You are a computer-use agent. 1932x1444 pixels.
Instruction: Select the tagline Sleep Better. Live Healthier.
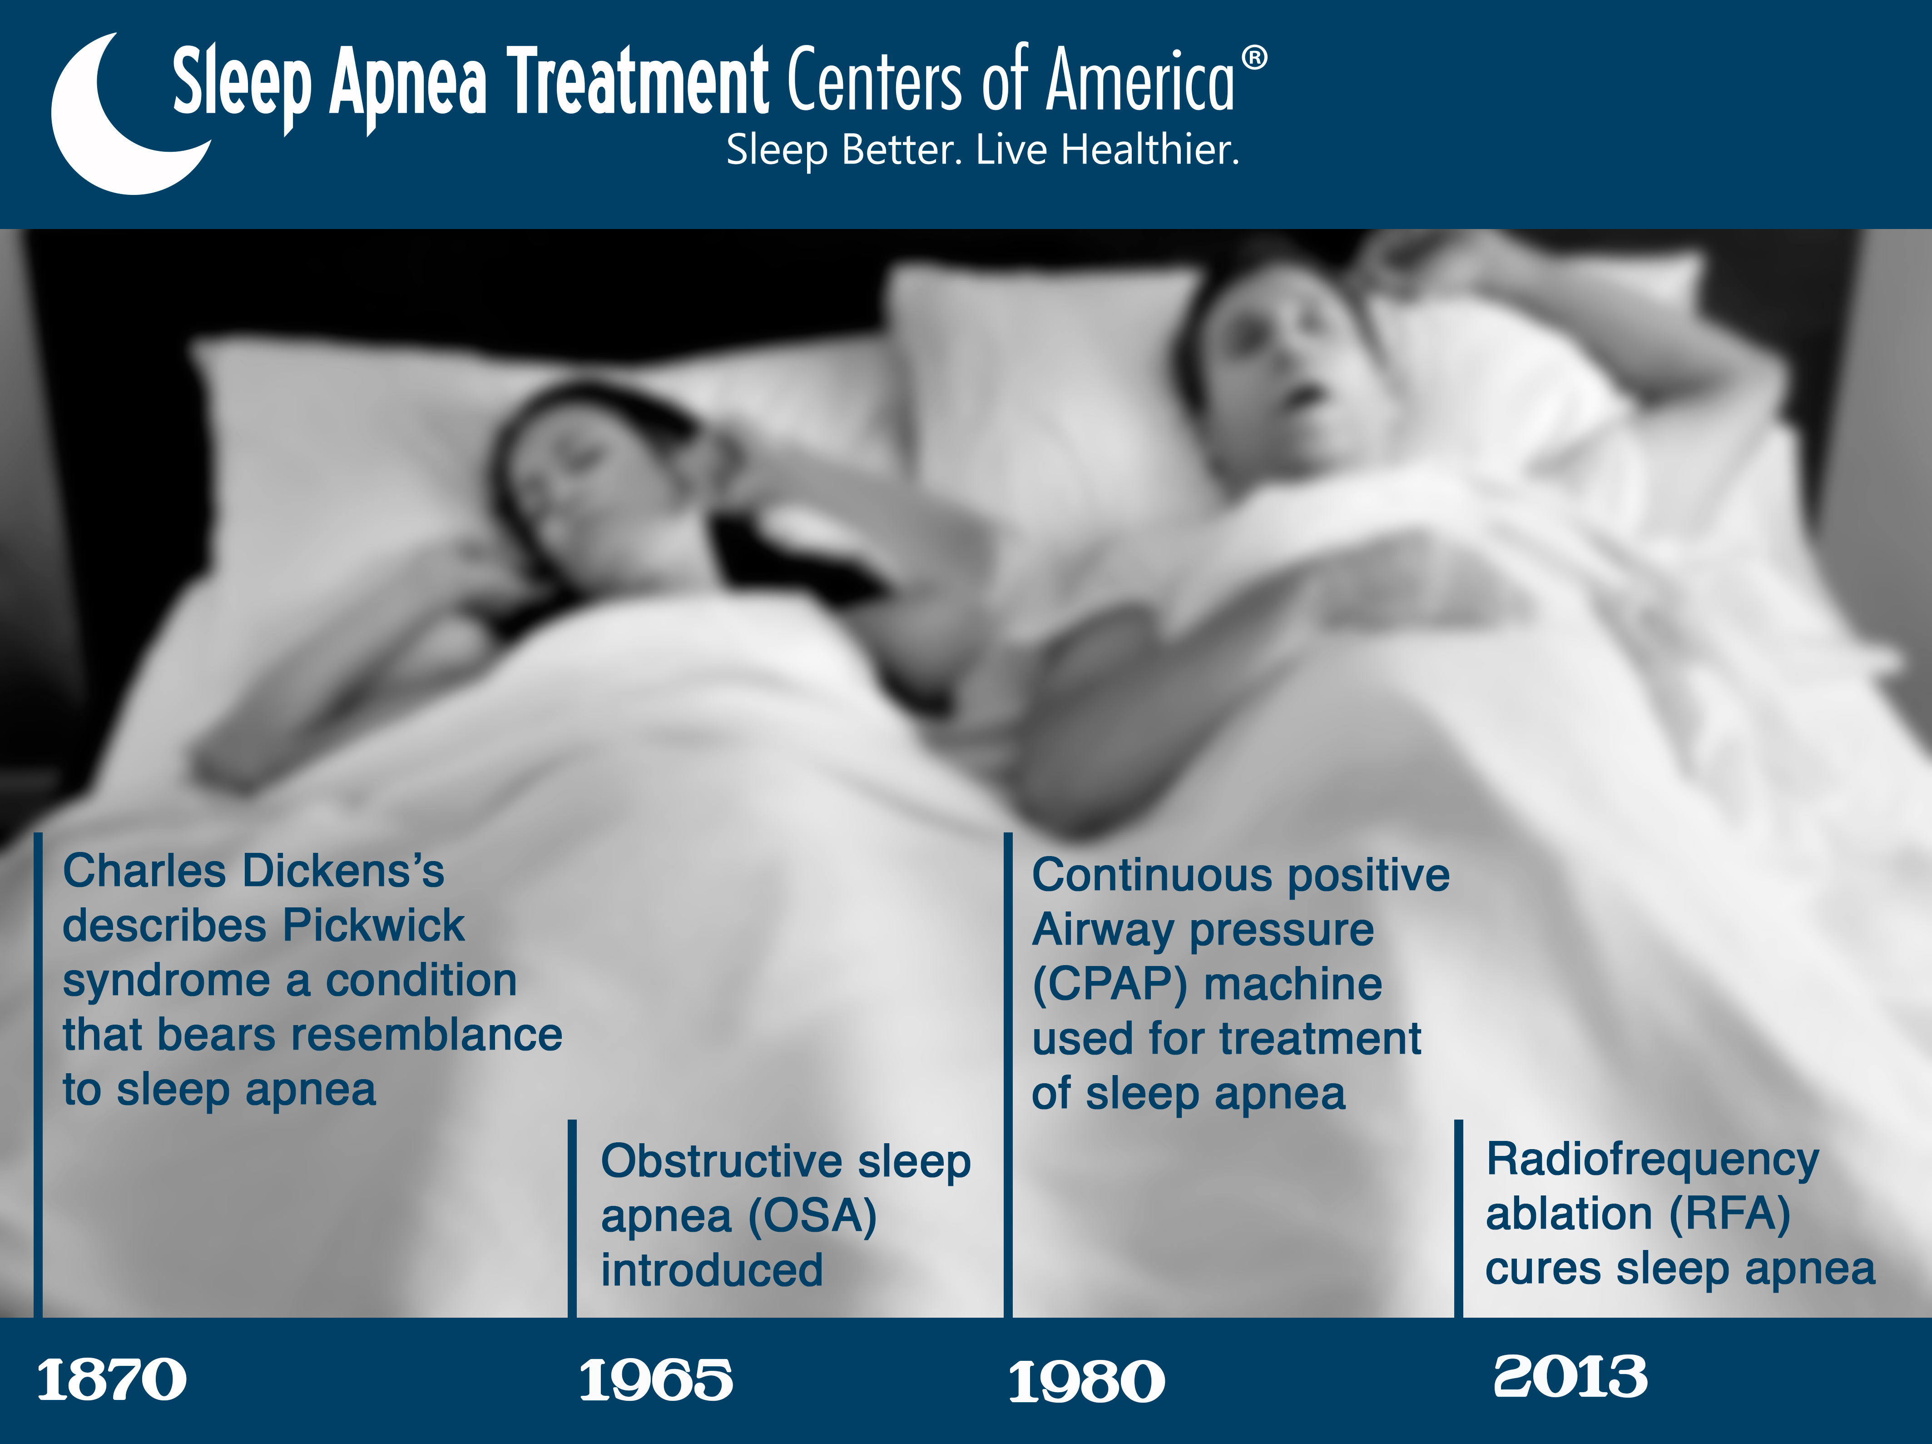coord(983,149)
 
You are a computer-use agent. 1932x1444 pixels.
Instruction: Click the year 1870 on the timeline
coord(112,1380)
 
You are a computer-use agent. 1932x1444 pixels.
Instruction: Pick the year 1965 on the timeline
coord(656,1380)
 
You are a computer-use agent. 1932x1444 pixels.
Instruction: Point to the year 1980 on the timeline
coord(1086,1382)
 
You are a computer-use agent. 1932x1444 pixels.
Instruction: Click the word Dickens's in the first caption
coord(343,871)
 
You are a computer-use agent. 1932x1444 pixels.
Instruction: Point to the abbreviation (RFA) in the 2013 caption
coord(1729,1213)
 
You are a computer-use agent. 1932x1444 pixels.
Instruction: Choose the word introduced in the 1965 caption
coord(712,1270)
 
